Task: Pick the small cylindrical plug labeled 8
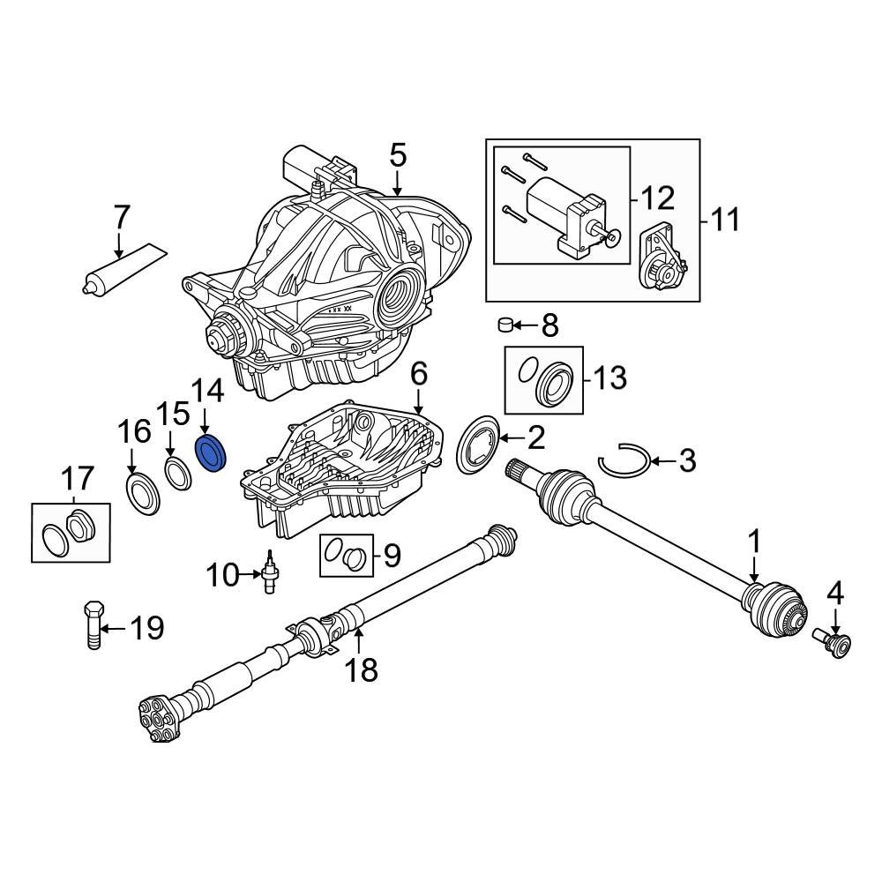(506, 325)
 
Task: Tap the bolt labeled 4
(830, 643)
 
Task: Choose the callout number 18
(361, 669)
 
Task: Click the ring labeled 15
(177, 471)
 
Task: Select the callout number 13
(609, 378)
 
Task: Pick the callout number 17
(77, 480)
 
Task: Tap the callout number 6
(418, 374)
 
